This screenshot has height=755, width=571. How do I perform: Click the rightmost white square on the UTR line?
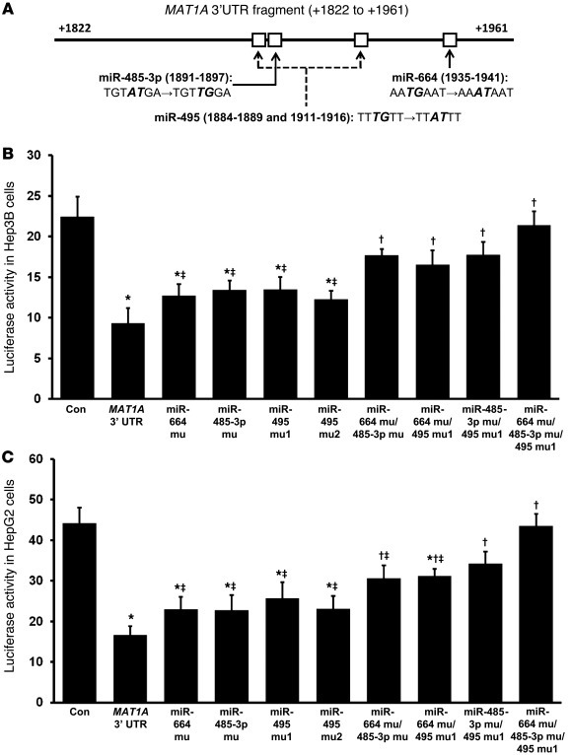coord(450,39)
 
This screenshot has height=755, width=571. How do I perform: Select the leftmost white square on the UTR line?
coord(258,39)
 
